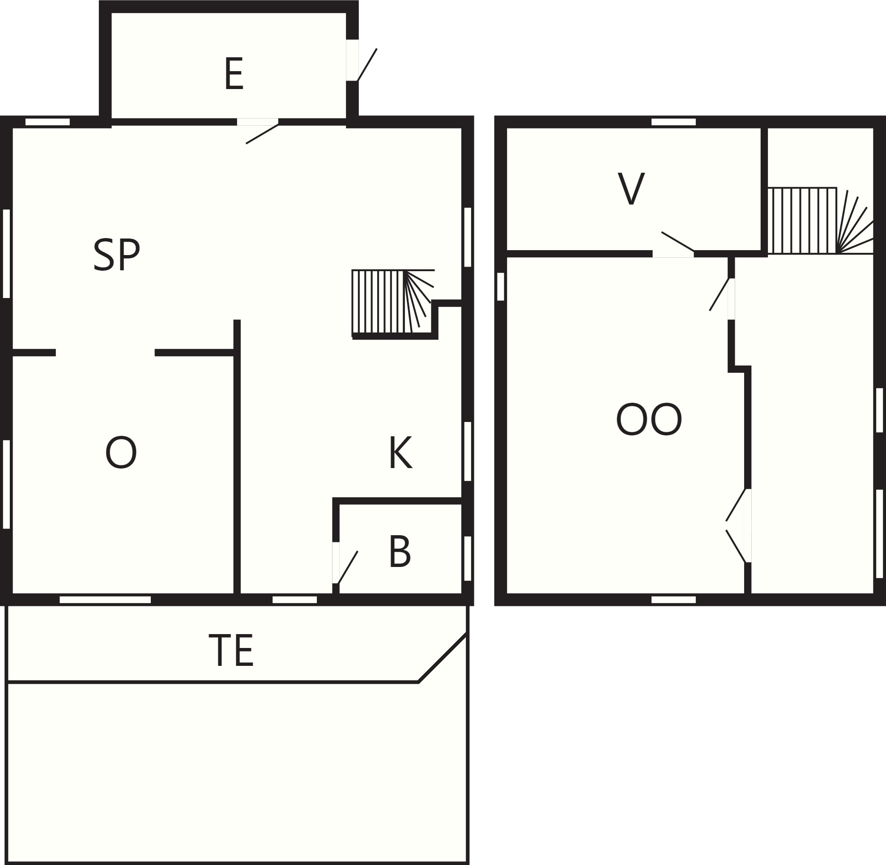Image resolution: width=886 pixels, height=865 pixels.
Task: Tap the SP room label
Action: (117, 255)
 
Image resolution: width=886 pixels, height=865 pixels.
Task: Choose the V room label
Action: (631, 188)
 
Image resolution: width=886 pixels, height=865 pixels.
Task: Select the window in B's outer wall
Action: (468, 559)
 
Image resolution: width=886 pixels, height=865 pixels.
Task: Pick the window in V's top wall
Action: (673, 122)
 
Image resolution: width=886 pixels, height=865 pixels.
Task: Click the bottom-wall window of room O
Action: (105, 600)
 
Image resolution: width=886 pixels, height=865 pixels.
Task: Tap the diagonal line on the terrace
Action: (443, 657)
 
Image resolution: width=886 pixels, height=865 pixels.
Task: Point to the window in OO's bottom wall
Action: (673, 600)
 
